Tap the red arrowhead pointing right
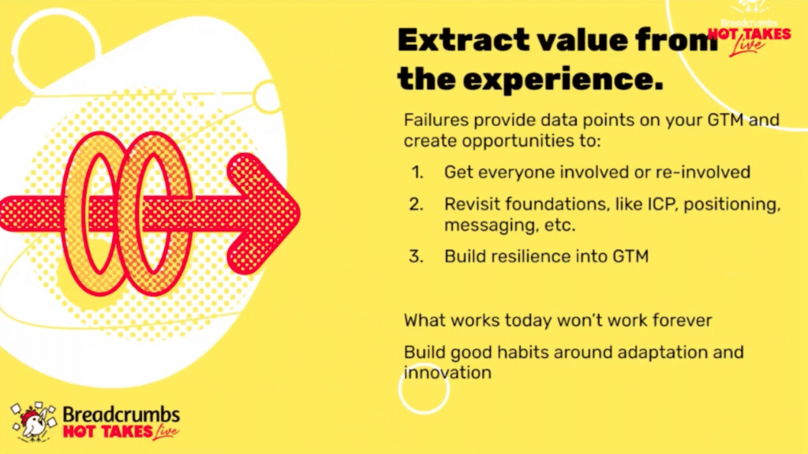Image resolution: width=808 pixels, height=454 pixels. [x=264, y=214]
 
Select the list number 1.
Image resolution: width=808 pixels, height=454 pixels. [x=417, y=172]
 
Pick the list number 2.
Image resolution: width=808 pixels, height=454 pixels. [x=417, y=204]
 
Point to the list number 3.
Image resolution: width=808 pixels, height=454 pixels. [x=417, y=256]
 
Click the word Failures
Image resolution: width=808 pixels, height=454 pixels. [x=436, y=120]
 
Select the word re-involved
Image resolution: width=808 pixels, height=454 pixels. [x=703, y=172]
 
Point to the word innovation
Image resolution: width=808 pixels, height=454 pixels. [x=447, y=373]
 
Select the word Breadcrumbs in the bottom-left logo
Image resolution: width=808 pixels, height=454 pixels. [x=121, y=414]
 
